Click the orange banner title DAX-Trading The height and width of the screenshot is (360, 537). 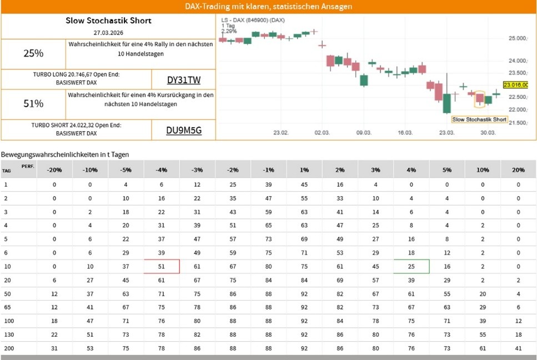[268, 7]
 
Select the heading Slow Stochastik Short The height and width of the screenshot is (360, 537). [108, 21]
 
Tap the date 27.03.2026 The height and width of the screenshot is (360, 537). [108, 33]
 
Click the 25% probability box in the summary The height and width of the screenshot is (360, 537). [33, 53]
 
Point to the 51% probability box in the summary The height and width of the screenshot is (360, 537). [33, 103]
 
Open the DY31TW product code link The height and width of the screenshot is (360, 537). [184, 79]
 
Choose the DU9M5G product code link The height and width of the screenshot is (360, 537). [184, 131]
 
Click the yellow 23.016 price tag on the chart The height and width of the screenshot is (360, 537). [515, 85]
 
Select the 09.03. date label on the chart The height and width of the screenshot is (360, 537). [363, 133]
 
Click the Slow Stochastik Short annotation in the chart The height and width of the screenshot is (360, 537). [479, 119]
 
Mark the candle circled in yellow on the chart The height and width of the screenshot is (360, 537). [479, 98]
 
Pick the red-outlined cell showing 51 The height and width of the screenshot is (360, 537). [162, 266]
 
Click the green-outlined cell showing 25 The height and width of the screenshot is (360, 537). [411, 266]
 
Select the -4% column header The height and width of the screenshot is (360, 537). [162, 169]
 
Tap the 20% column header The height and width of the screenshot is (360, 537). [518, 169]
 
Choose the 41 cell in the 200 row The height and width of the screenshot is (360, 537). [518, 348]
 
